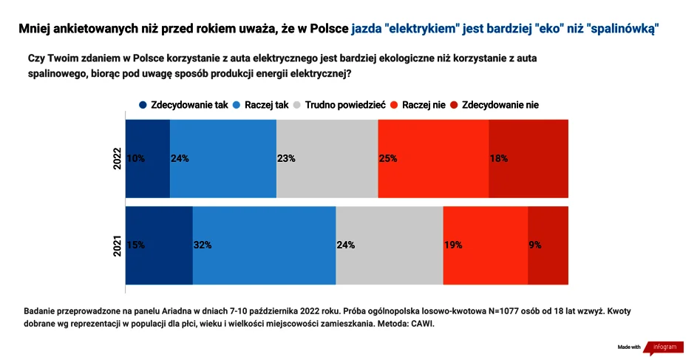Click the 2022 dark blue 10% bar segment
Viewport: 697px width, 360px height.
pos(147,158)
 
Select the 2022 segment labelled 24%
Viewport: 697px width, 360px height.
pos(222,158)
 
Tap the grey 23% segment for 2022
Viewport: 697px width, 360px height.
pos(327,158)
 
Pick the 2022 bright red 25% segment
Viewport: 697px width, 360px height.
pos(433,158)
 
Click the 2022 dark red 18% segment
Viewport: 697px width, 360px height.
pos(528,158)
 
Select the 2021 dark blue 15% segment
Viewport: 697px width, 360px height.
pos(159,245)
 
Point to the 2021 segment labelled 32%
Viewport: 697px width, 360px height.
pos(264,245)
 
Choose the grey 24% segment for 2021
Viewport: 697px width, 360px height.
pos(390,245)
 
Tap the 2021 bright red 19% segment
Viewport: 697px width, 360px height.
pos(486,245)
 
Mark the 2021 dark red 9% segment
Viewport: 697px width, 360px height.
pos(548,245)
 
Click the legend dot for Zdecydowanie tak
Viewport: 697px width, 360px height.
pos(143,105)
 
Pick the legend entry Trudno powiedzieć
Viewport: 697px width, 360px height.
pos(344,105)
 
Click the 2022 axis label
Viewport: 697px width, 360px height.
pos(118,158)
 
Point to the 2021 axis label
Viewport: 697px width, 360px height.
pos(118,245)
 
